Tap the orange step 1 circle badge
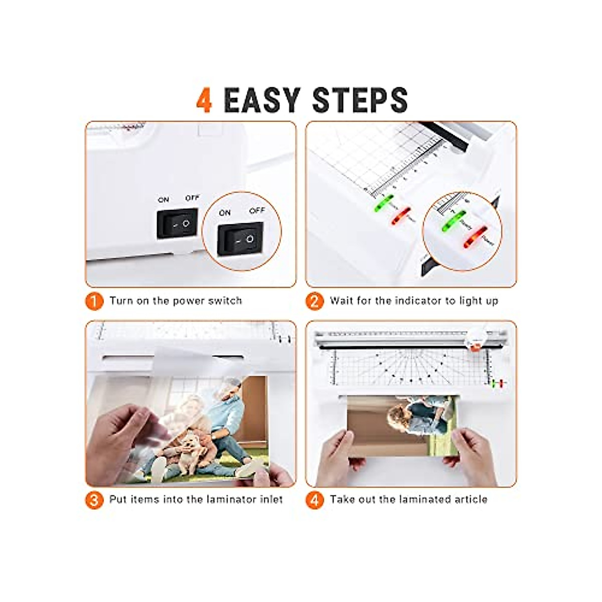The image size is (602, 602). [94, 302]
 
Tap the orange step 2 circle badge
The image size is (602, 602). [315, 302]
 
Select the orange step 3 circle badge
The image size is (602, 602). [94, 500]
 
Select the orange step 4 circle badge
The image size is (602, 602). [315, 500]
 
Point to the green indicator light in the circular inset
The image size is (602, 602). [453, 220]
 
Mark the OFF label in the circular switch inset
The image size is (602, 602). [257, 211]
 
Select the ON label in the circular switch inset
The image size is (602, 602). [225, 213]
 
